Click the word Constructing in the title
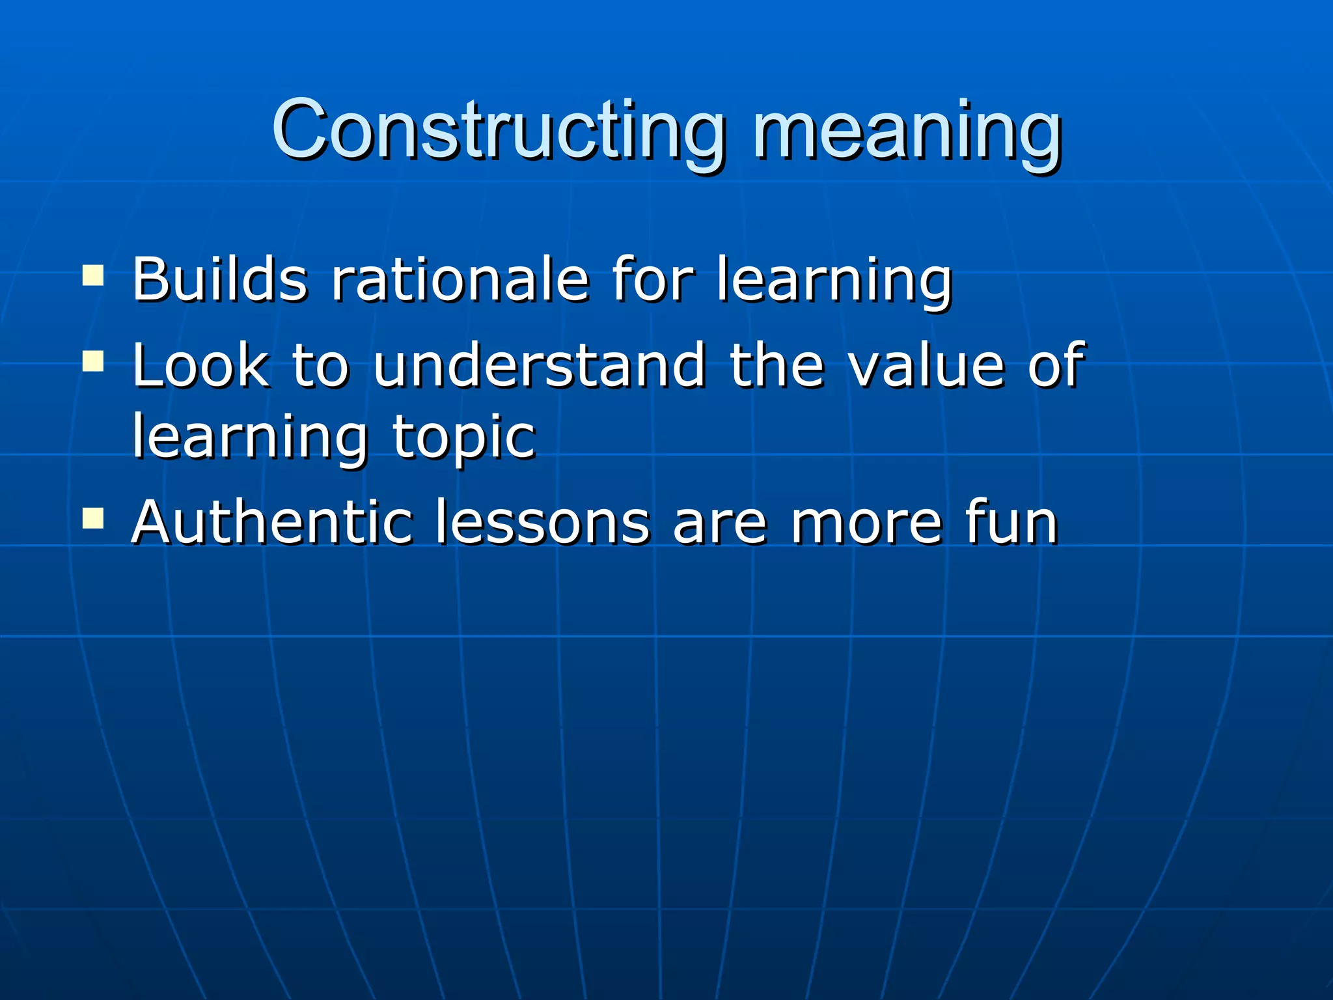[x=497, y=130]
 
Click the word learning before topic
[x=250, y=437]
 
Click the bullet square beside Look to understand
[x=93, y=361]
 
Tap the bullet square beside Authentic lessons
[x=93, y=518]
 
